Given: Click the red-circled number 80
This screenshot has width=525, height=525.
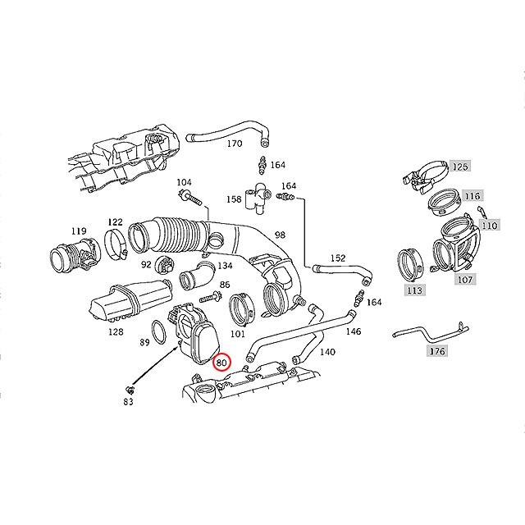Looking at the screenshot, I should click(222, 361).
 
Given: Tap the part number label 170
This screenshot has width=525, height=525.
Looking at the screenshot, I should click(235, 144).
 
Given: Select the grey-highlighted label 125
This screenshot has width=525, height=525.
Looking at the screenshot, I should click(460, 167).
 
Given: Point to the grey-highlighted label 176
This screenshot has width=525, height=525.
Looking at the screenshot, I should click(437, 351).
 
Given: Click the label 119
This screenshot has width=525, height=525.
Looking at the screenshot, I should click(79, 231).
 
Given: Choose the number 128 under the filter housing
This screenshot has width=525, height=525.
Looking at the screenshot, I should click(116, 332).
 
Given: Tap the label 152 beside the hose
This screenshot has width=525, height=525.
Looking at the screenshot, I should click(337, 258).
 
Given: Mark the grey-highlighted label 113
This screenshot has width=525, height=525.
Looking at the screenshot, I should click(413, 290).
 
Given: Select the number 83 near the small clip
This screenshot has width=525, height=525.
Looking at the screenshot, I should click(128, 401).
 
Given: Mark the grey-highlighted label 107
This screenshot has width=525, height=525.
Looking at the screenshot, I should click(466, 279).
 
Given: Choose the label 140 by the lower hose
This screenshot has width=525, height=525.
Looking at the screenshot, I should click(326, 352).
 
